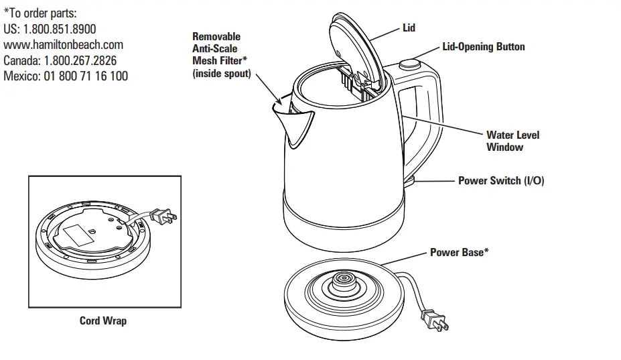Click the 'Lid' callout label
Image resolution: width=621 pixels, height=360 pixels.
click(409, 27)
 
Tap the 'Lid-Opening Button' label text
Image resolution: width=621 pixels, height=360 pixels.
click(484, 47)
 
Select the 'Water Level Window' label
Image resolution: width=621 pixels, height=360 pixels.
click(512, 141)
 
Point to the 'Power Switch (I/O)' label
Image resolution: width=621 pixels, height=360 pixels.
click(501, 181)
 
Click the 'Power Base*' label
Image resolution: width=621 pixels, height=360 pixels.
click(459, 253)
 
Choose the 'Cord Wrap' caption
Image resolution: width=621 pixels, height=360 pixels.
click(103, 320)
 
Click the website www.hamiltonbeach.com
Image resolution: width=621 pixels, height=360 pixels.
click(64, 44)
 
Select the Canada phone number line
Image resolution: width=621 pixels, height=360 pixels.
click(60, 60)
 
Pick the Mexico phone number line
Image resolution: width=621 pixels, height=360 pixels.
click(66, 76)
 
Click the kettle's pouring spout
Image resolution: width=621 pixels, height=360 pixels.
click(295, 124)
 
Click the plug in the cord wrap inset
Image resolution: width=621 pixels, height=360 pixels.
click(164, 216)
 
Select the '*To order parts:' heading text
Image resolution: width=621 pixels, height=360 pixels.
click(40, 13)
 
